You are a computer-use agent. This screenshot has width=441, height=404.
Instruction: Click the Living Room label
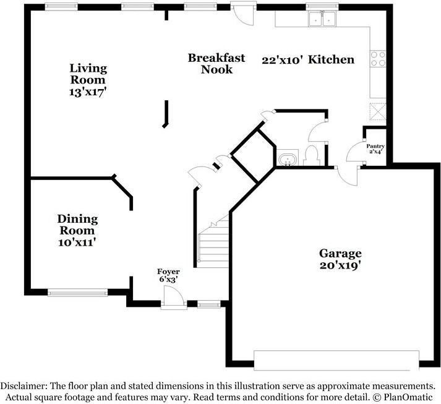(88, 74)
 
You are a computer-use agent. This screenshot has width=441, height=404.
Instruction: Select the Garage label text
(340, 253)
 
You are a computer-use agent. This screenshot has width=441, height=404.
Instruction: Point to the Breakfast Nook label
(216, 64)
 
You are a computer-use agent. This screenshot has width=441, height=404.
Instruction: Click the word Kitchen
(332, 59)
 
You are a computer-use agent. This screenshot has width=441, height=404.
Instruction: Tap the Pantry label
(375, 146)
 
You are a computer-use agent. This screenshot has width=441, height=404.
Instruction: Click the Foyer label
(168, 271)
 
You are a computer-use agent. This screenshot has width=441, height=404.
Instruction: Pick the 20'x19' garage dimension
(340, 265)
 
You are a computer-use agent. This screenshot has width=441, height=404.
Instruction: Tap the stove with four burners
(378, 58)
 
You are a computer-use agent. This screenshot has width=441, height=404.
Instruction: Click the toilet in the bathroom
(312, 155)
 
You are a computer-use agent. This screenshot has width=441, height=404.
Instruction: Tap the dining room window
(78, 292)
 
